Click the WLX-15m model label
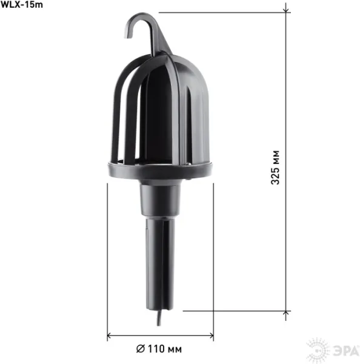(x=22, y=5)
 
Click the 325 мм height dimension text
(x=275, y=167)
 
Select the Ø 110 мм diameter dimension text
(x=159, y=349)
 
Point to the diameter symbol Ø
(x=141, y=349)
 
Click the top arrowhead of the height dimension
(x=286, y=10)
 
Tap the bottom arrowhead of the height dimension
(x=286, y=314)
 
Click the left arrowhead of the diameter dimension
(x=110, y=335)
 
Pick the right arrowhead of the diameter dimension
(x=211, y=335)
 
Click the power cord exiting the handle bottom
(x=159, y=317)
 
